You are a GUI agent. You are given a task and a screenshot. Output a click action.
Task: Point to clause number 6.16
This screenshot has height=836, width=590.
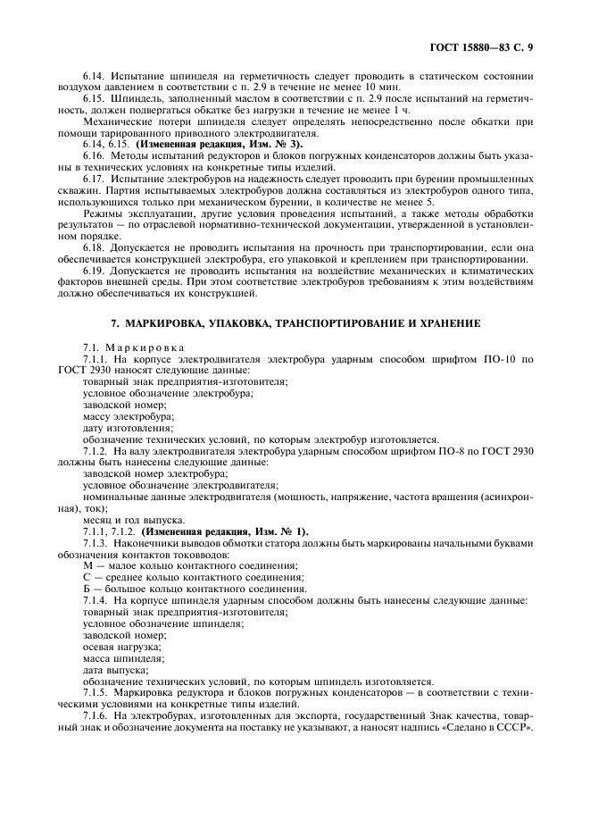tap(94, 155)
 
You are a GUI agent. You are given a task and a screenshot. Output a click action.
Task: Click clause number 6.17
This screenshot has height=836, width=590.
tap(94, 178)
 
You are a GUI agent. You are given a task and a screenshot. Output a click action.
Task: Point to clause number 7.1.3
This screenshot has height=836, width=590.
tap(96, 543)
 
